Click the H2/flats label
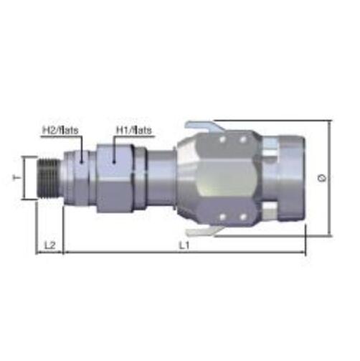60,130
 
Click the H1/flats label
134,130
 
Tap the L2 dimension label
50,245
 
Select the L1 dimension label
184,245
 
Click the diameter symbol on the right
322,178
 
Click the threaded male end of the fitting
49,177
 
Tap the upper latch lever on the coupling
205,127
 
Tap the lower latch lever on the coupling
205,231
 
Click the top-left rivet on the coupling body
222,139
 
